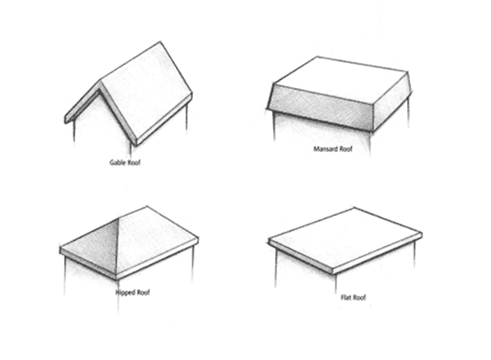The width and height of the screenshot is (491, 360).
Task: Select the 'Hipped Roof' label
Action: [132, 293]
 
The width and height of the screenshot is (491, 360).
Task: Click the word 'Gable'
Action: [117, 163]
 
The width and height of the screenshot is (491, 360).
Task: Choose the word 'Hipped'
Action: [125, 293]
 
